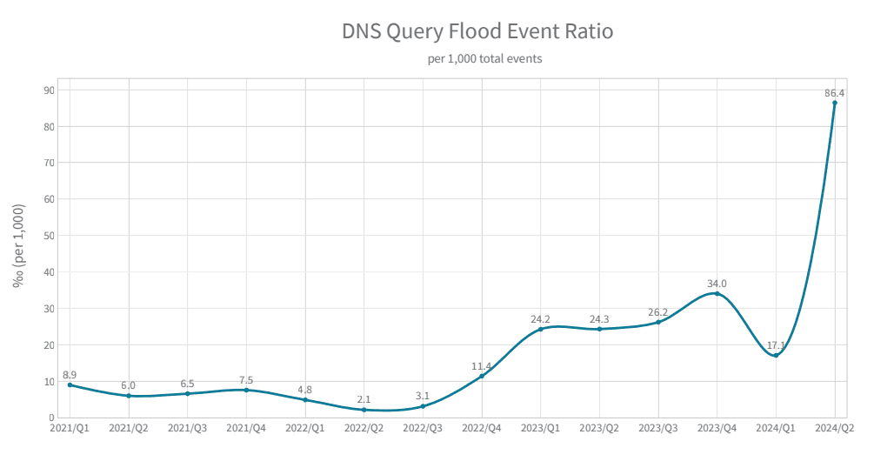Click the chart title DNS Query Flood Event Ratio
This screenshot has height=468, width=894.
(x=477, y=32)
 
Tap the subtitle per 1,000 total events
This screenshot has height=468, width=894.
(x=477, y=59)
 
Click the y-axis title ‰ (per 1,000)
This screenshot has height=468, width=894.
(x=18, y=245)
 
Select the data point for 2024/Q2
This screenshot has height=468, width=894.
(x=835, y=103)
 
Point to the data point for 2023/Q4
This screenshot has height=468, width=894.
(x=717, y=293)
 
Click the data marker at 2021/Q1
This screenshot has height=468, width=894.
(x=70, y=384)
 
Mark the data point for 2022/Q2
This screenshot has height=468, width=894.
(x=364, y=410)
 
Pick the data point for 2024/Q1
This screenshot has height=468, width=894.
(x=776, y=355)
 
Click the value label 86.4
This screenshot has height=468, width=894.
(x=835, y=92)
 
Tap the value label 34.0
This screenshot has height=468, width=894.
(x=717, y=283)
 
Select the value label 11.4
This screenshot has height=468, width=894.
(x=482, y=366)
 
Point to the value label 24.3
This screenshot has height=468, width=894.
(x=599, y=319)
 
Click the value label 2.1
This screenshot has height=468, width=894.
(x=364, y=399)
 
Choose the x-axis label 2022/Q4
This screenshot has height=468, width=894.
(x=482, y=428)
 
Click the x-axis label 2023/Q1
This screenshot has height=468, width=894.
(x=540, y=428)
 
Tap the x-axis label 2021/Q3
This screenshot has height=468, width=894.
(x=187, y=428)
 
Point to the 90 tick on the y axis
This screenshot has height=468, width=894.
(x=49, y=90)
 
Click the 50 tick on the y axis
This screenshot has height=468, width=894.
(x=49, y=236)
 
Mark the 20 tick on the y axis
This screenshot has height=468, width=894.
(x=49, y=344)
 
